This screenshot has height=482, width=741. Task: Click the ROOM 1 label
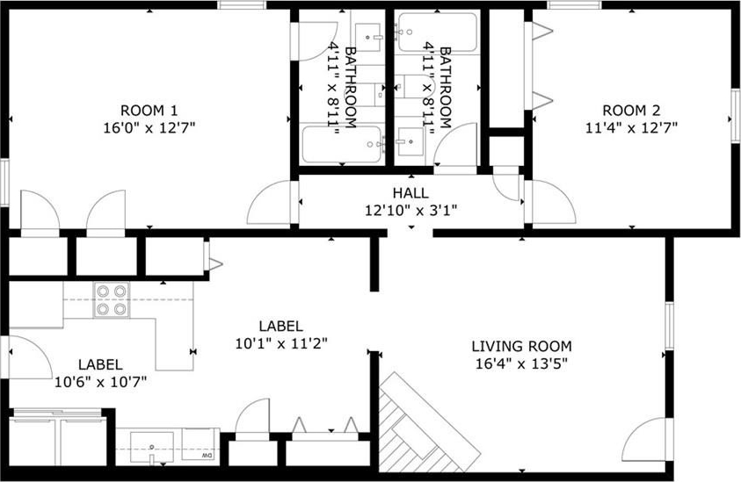coord(149,111)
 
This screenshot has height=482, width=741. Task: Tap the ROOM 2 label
coord(631,111)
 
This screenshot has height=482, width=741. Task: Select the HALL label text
coord(410,192)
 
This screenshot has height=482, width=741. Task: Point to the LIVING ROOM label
coord(521,346)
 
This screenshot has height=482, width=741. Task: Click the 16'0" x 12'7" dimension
coord(149,128)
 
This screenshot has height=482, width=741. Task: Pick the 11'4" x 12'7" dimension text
coord(631,128)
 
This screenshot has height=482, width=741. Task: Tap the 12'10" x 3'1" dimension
coord(410,210)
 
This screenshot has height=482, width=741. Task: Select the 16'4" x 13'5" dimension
coord(521,363)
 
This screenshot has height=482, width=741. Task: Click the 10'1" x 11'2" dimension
coord(281,343)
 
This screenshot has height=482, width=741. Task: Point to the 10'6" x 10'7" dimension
coord(100,381)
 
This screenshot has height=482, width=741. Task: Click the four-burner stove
coord(112,299)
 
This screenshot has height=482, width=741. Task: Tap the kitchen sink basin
coord(152,445)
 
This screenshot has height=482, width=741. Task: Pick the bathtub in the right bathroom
coord(438,32)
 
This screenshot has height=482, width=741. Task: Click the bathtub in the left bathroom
coord(342,143)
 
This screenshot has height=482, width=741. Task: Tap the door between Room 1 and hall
coord(271,202)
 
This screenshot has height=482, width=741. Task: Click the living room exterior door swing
coord(645,440)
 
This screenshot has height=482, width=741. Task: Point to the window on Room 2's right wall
coord(735,116)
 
